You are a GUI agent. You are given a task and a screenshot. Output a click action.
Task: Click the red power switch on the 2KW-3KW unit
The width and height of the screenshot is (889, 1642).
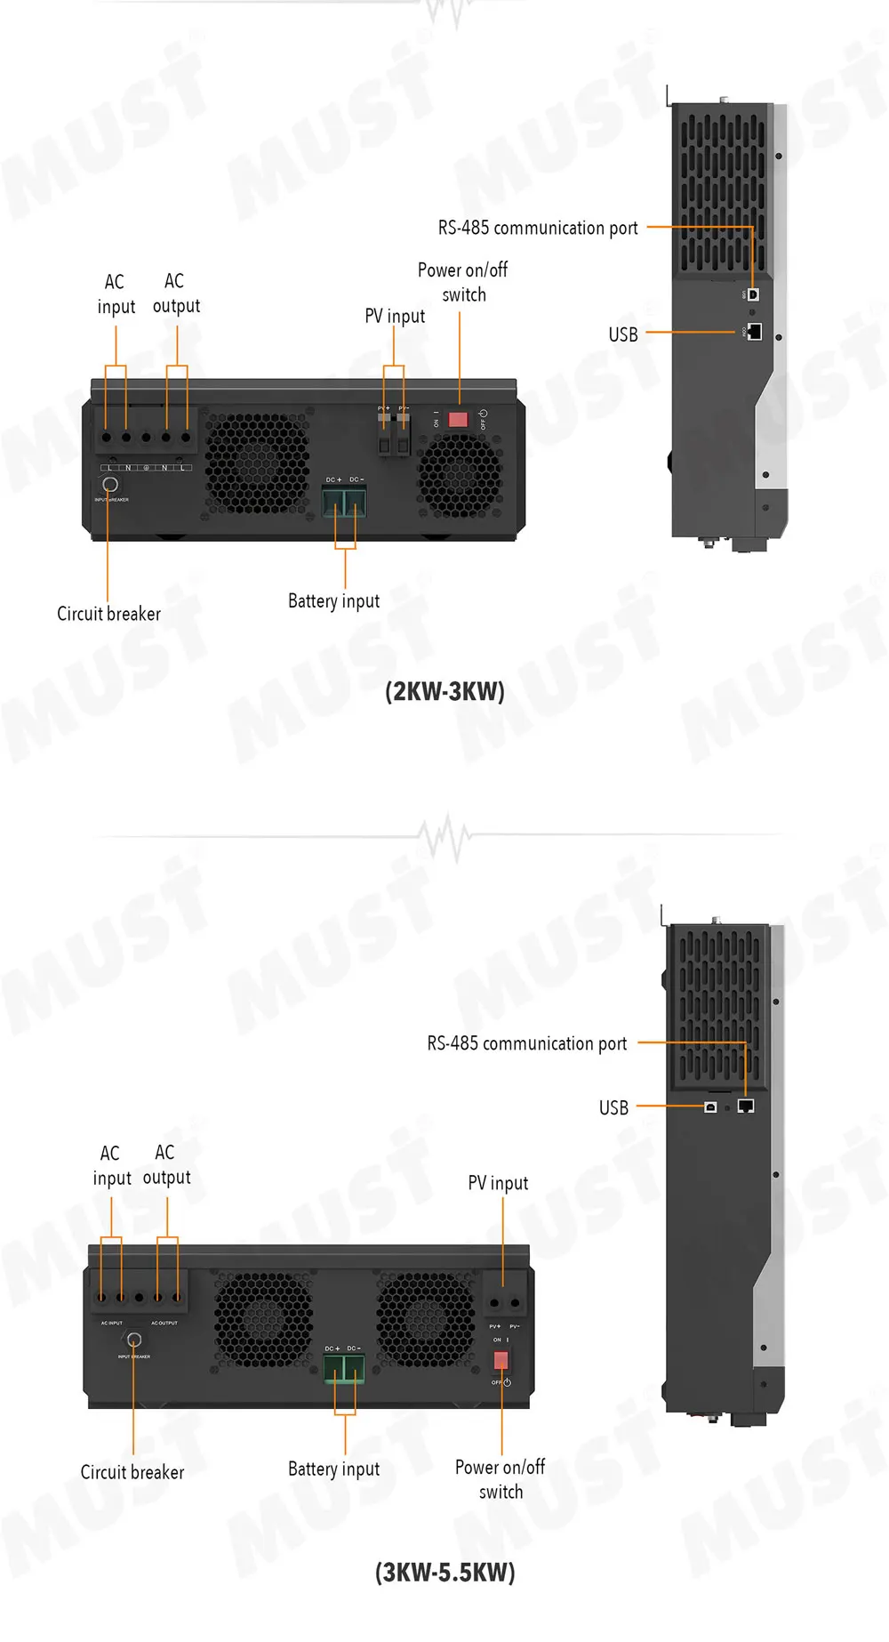[458, 419]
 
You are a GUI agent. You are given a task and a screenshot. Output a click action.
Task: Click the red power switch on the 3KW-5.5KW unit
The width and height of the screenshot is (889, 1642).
[501, 1360]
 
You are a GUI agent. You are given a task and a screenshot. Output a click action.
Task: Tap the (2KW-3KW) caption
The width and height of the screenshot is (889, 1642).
[444, 691]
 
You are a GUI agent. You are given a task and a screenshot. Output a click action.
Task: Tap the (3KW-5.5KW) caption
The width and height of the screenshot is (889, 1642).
[444, 1572]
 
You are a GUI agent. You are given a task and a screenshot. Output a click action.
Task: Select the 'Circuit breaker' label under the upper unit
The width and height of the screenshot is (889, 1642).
[108, 614]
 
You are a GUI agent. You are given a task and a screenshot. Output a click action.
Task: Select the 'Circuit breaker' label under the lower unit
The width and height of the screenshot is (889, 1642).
[132, 1472]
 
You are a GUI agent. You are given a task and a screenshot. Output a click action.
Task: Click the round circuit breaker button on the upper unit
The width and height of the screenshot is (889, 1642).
[110, 485]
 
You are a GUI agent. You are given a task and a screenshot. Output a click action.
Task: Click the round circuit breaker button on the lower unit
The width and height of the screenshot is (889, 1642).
[134, 1340]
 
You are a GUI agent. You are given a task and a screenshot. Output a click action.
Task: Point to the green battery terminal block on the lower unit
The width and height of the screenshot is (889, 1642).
[343, 1369]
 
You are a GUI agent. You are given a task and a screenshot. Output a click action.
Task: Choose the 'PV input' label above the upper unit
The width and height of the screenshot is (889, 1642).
[395, 316]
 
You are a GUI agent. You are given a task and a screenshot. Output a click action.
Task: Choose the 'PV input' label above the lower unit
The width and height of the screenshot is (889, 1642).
[498, 1183]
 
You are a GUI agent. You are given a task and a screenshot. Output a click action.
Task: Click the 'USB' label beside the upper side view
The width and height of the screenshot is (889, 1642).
[623, 334]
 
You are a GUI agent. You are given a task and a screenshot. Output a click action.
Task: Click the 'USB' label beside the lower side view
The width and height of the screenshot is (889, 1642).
[613, 1107]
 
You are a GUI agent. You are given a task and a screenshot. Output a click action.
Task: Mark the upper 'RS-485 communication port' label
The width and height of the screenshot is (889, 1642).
[538, 228]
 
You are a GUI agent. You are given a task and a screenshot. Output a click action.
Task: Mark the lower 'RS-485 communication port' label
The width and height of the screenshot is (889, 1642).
[527, 1043]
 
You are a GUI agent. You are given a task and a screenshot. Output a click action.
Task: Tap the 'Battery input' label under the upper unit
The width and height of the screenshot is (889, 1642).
[333, 601]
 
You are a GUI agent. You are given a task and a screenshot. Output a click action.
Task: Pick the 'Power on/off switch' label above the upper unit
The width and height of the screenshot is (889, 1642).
[463, 282]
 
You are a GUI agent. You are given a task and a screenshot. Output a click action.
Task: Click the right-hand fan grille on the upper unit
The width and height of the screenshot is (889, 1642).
[460, 476]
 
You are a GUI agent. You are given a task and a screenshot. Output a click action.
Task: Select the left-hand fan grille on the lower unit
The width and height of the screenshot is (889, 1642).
[263, 1317]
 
